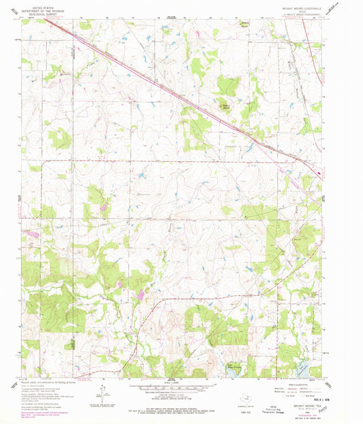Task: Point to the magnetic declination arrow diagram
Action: point(102,395)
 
